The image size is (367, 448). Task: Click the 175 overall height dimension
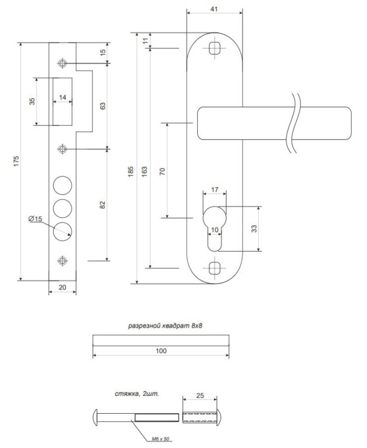[16, 161]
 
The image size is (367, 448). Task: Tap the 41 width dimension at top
[214, 9]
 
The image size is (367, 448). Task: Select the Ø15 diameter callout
[35, 219]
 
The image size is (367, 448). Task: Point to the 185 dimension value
[131, 172]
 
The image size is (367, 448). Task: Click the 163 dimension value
[145, 171]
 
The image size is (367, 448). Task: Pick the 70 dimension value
[162, 171]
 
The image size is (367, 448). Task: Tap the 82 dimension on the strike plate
[103, 205]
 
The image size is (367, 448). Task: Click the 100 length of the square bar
[161, 351]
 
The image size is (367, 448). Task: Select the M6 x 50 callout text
[160, 438]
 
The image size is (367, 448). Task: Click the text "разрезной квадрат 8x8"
[165, 326]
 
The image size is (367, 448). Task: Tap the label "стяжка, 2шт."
[137, 394]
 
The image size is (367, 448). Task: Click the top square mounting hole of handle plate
[215, 48]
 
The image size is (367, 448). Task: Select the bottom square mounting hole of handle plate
[215, 268]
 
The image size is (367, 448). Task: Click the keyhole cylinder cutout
[215, 228]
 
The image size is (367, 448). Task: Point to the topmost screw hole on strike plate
[62, 63]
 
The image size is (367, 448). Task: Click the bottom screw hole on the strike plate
[62, 261]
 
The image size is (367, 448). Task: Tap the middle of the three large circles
[62, 208]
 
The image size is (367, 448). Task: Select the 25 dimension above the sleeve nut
[200, 395]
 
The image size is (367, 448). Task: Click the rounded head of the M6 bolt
[96, 417]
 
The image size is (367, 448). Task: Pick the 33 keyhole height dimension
[254, 228]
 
